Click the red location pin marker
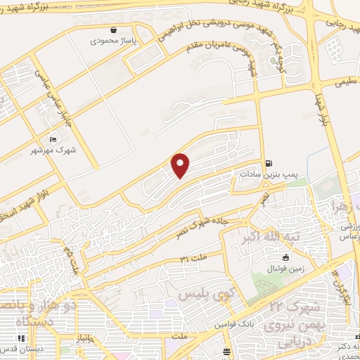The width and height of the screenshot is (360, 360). tap(181, 165)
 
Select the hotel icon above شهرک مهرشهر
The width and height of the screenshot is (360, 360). tap(53, 140)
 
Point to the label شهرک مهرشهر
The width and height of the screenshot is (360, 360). tap(53, 150)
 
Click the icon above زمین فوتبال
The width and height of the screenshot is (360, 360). tap(285, 257)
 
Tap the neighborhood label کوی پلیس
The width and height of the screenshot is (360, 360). tap(204, 292)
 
